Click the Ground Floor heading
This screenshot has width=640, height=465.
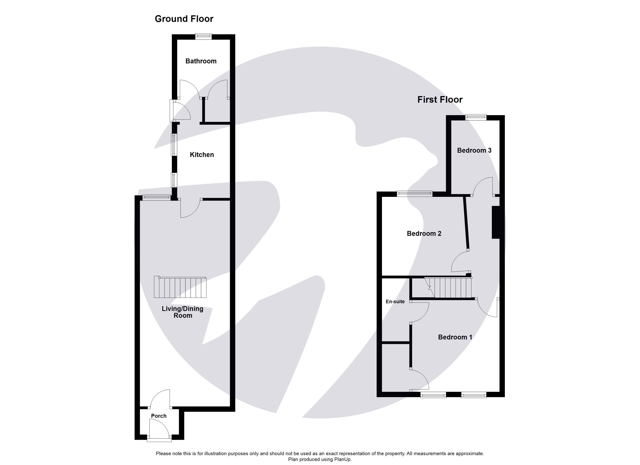pos(184,19)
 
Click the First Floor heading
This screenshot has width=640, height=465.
pos(440,100)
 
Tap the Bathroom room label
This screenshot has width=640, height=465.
pos(201,61)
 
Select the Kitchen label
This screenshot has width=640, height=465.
pos(202,155)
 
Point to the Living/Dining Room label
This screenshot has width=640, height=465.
pos(182,312)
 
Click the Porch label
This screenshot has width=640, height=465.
pos(159,416)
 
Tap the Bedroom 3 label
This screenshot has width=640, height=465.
pos(474,151)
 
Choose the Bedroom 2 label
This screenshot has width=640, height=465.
pos(424,233)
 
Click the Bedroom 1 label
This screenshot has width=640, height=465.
pos(455,337)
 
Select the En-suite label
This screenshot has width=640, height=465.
pos(395,302)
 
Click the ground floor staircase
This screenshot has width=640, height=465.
pos(180,287)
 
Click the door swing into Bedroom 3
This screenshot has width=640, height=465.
pos(483,187)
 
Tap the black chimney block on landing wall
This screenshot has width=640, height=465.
pos(496,222)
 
